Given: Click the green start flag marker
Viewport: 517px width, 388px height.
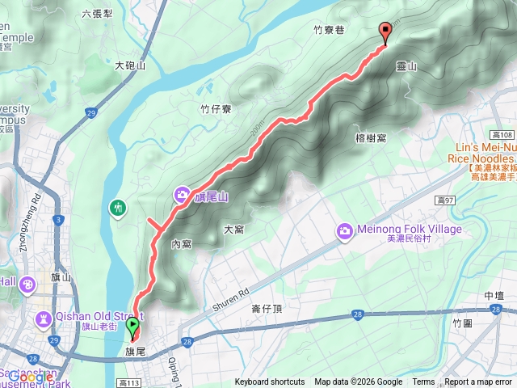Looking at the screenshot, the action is click(132, 327).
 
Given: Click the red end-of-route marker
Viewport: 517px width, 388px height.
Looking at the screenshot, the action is click(385, 32).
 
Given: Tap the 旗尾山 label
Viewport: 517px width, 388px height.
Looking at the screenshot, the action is click(212, 196).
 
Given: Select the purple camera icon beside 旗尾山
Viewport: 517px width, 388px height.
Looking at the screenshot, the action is click(183, 195).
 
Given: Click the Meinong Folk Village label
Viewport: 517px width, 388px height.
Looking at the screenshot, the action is click(411, 230).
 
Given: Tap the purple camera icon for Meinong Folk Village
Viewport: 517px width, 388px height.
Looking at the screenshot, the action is click(345, 232).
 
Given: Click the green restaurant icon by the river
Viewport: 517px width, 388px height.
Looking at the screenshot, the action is click(119, 209).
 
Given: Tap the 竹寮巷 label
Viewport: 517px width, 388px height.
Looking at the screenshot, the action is click(329, 30).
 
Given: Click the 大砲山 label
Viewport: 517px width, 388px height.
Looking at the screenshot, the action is click(129, 66).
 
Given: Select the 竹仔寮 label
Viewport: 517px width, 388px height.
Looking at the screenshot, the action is click(216, 108).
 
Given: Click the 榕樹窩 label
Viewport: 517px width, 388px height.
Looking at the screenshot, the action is click(370, 138).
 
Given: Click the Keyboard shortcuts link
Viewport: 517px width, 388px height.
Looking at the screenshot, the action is click(270, 382).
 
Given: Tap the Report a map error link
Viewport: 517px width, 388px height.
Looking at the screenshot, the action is click(478, 382).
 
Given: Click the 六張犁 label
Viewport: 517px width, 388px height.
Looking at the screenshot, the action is click(98, 14).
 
